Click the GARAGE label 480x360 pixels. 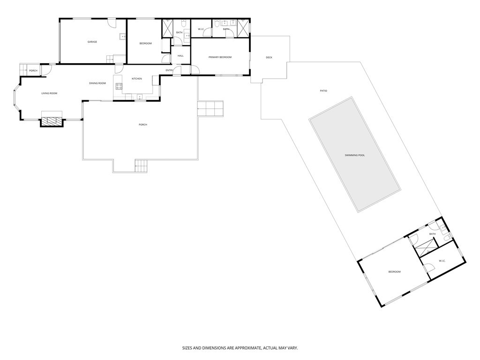click(92, 42)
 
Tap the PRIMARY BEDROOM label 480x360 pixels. click(220, 57)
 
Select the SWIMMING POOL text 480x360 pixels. click(354, 155)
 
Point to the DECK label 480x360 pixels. click(269, 58)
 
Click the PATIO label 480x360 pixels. click(323, 90)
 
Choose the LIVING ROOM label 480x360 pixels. click(49, 93)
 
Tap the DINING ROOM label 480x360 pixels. click(97, 83)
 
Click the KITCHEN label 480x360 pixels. click(136, 79)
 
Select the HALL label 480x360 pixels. click(180, 56)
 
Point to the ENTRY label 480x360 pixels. click(169, 70)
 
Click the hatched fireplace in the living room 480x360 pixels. click(52, 120)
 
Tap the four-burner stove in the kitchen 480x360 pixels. click(119, 86)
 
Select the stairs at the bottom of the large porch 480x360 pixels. click(141, 165)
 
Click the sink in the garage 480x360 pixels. click(123, 37)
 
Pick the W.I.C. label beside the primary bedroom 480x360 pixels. click(201, 29)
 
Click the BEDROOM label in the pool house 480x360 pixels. click(394, 272)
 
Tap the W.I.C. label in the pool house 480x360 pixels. click(442, 261)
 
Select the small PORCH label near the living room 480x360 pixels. click(33, 71)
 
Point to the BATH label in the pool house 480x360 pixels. click(432, 234)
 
